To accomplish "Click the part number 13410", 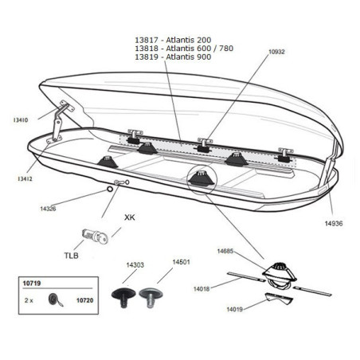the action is pos(21,120).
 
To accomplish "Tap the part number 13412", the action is pos(25,179).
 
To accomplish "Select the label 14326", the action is pos(48,209).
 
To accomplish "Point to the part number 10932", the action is pos(276,52).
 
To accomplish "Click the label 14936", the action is pos(334,224).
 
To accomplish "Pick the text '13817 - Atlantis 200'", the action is pos(173,40).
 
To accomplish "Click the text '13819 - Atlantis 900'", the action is pos(173,57).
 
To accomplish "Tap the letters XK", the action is pos(130,217).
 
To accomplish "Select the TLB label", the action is pos(72,256).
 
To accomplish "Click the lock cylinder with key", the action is pos(95,236).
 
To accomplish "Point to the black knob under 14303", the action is pos(123,296).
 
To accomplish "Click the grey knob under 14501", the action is pos(151,296).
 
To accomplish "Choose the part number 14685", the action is pos(225,251).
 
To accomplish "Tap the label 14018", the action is pos(202,289).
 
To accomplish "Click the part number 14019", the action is pos(234,309).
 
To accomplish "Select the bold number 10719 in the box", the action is pos(32,284).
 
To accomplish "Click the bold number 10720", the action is pos(85,300).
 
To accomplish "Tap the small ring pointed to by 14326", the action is pos(109,189).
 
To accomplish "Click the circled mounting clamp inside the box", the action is pos(202,178).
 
